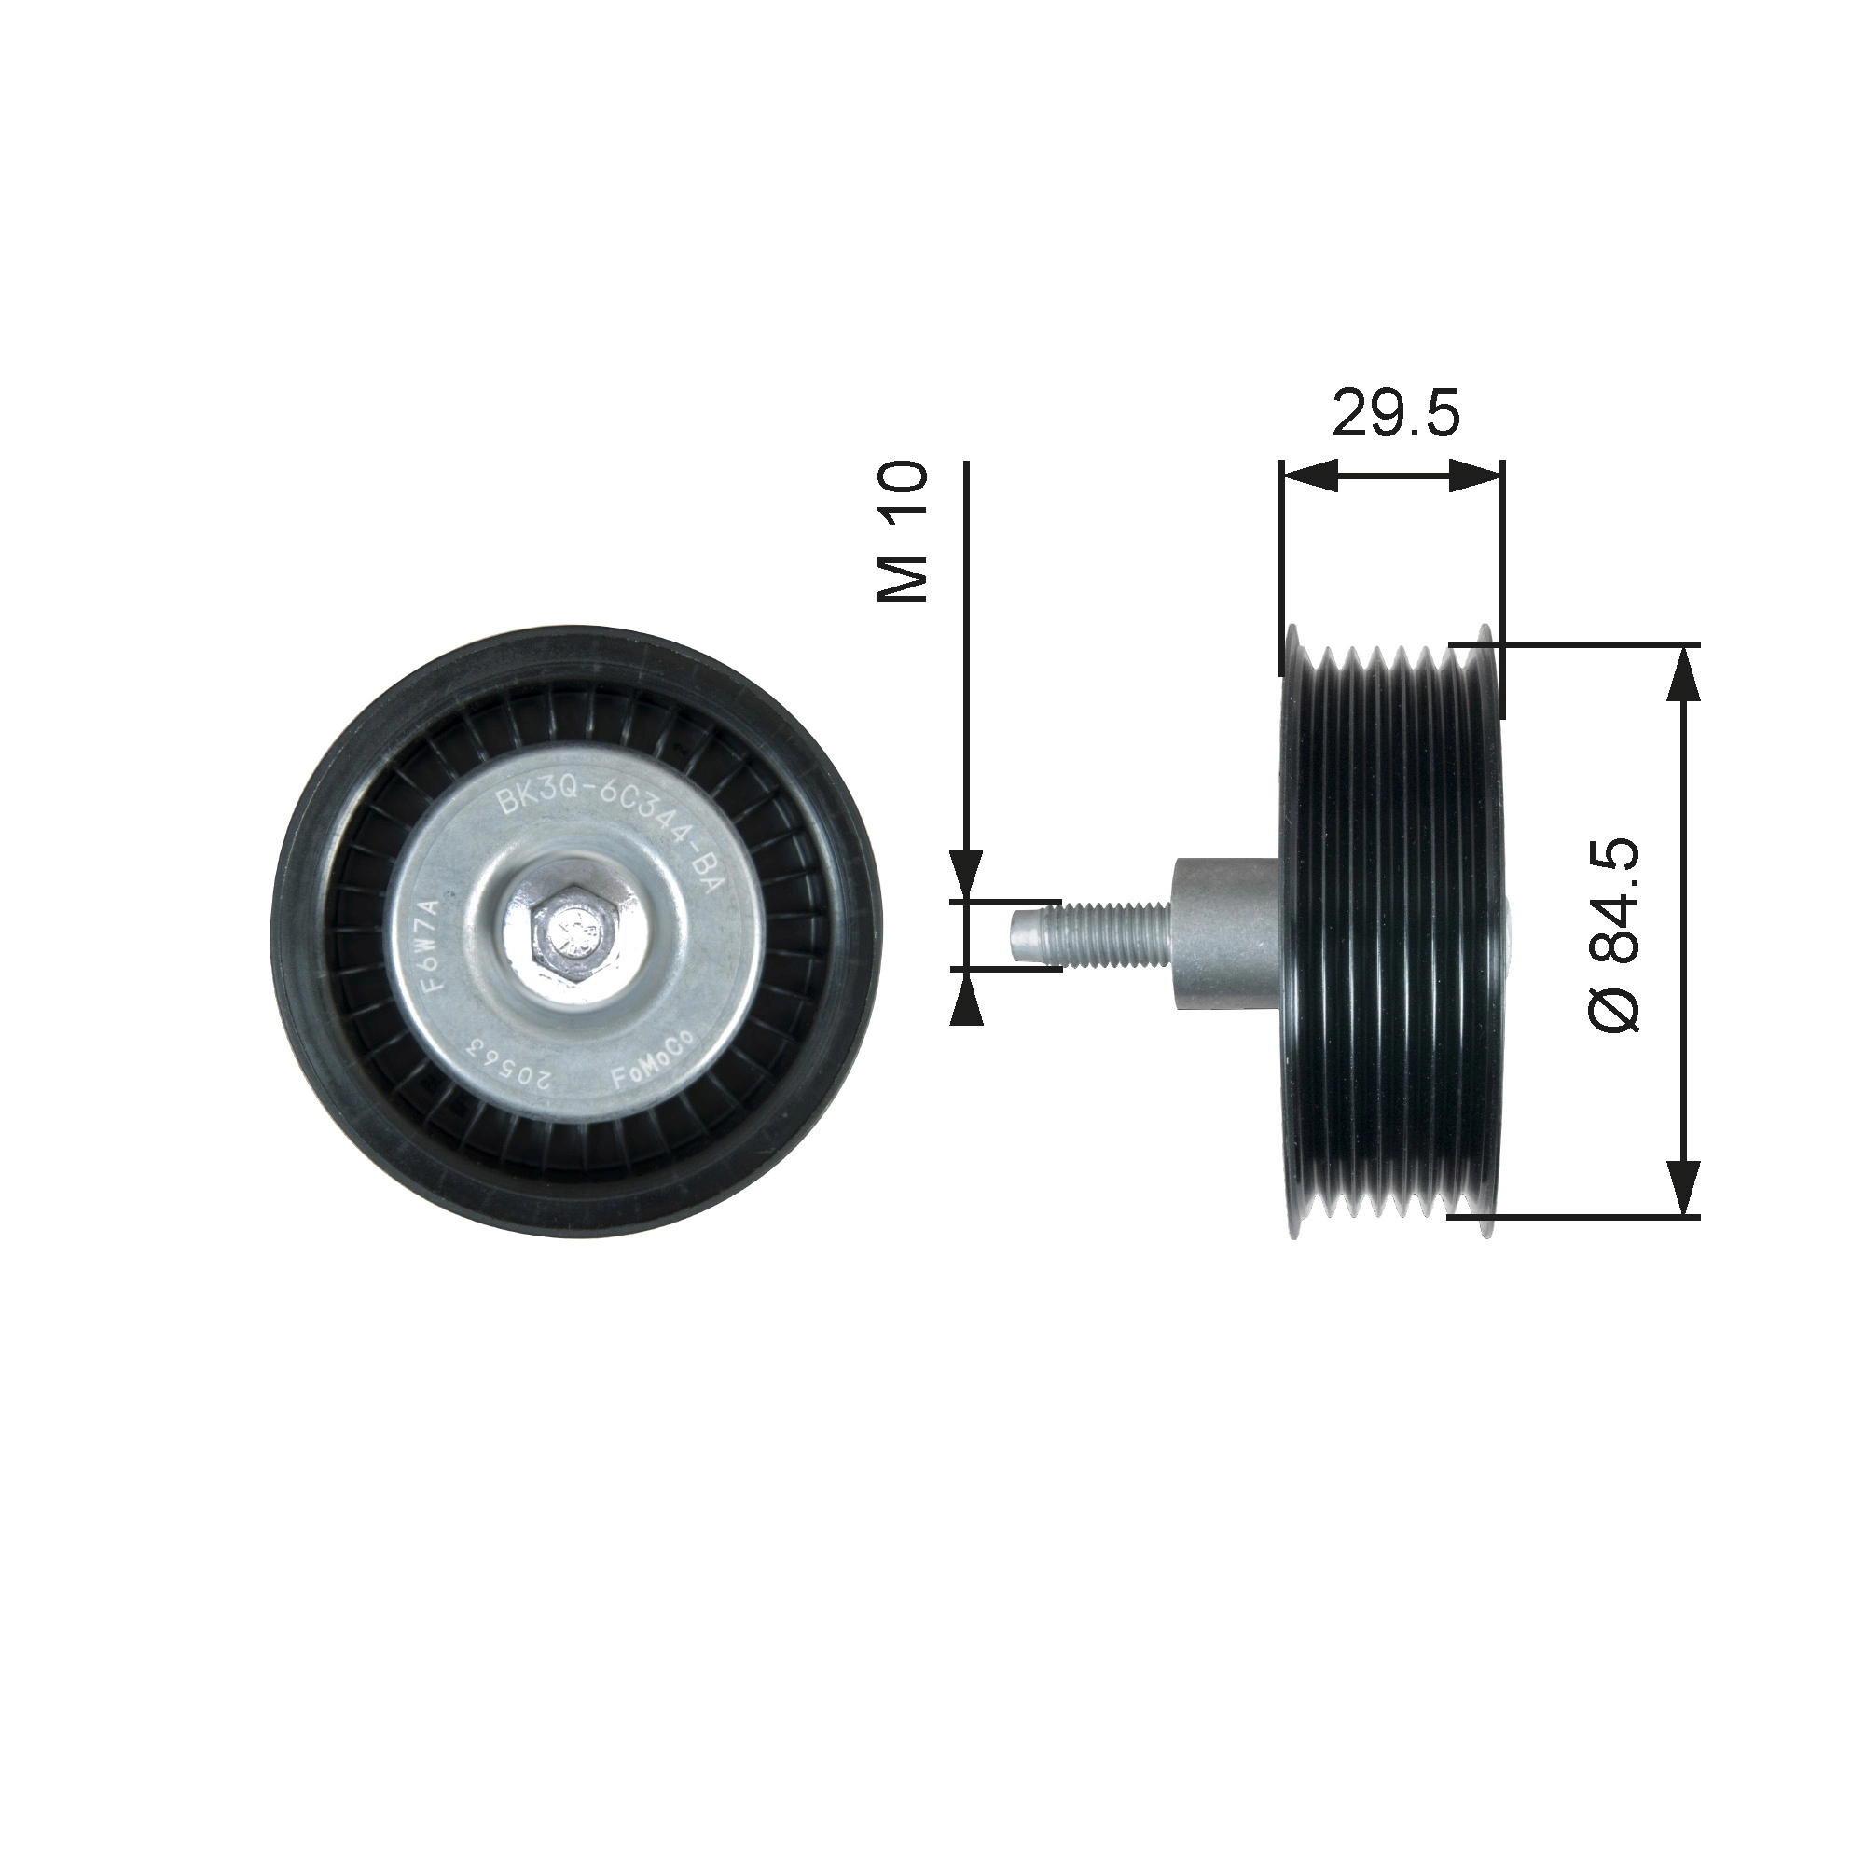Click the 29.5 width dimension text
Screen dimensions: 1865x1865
[1395, 413]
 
